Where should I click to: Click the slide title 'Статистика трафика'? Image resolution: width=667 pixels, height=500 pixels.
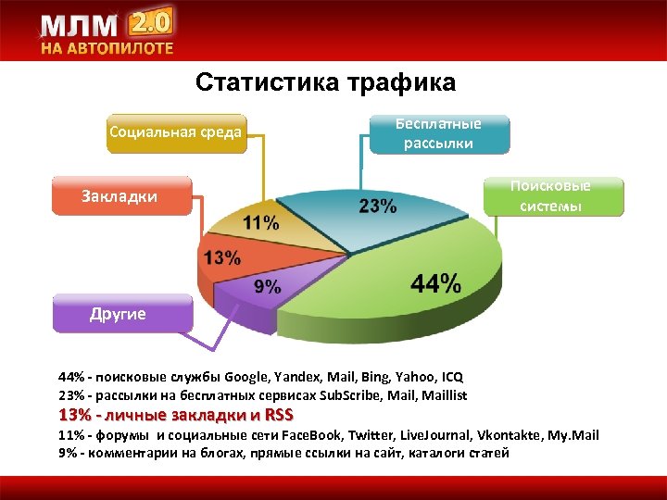325,83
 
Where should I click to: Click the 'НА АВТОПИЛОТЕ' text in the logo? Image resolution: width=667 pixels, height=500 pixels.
107,48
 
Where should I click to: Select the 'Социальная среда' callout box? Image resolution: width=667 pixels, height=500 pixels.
175,131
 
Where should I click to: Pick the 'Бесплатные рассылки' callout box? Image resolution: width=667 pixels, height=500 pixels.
438,133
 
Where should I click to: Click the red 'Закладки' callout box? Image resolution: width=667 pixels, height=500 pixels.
120,196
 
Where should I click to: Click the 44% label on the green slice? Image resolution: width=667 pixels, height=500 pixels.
435,284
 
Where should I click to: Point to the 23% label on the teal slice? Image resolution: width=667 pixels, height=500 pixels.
378,206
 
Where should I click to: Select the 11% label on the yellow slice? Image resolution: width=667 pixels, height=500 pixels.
260,222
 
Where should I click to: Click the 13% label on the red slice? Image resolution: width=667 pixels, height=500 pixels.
222,256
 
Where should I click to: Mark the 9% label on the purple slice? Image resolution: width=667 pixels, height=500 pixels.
267,286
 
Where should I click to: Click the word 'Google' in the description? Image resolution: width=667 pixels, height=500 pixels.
247,378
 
